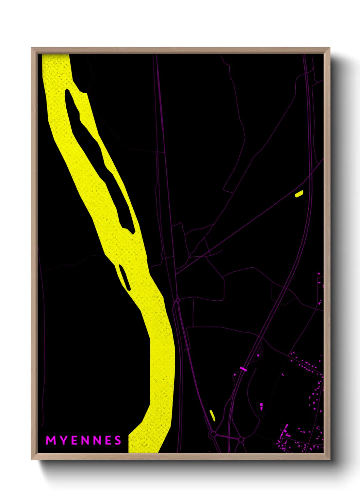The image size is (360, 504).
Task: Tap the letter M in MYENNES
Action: [51, 440]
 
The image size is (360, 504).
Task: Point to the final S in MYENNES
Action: [118, 440]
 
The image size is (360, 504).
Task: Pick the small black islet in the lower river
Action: [124, 278]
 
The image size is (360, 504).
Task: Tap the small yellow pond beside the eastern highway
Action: [299, 194]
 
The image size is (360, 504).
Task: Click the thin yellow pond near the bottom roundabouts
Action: [212, 415]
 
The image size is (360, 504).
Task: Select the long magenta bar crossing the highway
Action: [243, 368]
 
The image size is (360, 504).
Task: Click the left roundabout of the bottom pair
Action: [213, 435]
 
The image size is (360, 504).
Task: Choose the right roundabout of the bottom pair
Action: [241, 440]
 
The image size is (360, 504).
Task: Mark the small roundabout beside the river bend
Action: [178, 300]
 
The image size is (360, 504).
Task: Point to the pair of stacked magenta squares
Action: [261, 406]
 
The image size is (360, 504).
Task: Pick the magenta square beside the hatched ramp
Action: [258, 356]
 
